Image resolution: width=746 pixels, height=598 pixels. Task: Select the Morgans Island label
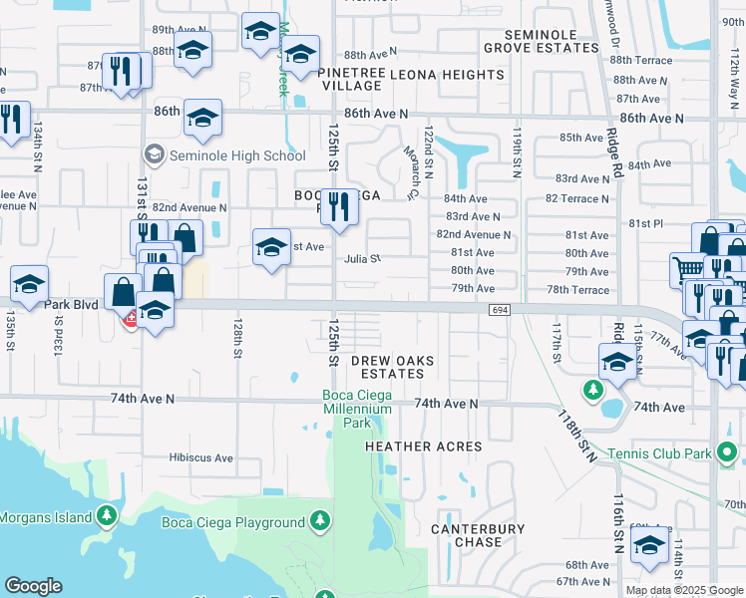coord(46,517)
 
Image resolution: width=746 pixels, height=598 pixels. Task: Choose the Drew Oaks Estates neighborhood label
coord(386,366)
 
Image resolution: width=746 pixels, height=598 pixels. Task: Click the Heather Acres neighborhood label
coord(423,447)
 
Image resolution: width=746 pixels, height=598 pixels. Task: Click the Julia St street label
coord(363,258)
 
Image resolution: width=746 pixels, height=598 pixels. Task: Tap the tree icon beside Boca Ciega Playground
coord(320,521)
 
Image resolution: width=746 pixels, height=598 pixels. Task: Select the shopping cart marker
coord(688,267)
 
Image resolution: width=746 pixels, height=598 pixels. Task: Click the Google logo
coord(34,586)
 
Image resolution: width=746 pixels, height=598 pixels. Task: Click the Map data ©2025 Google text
coord(683,590)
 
